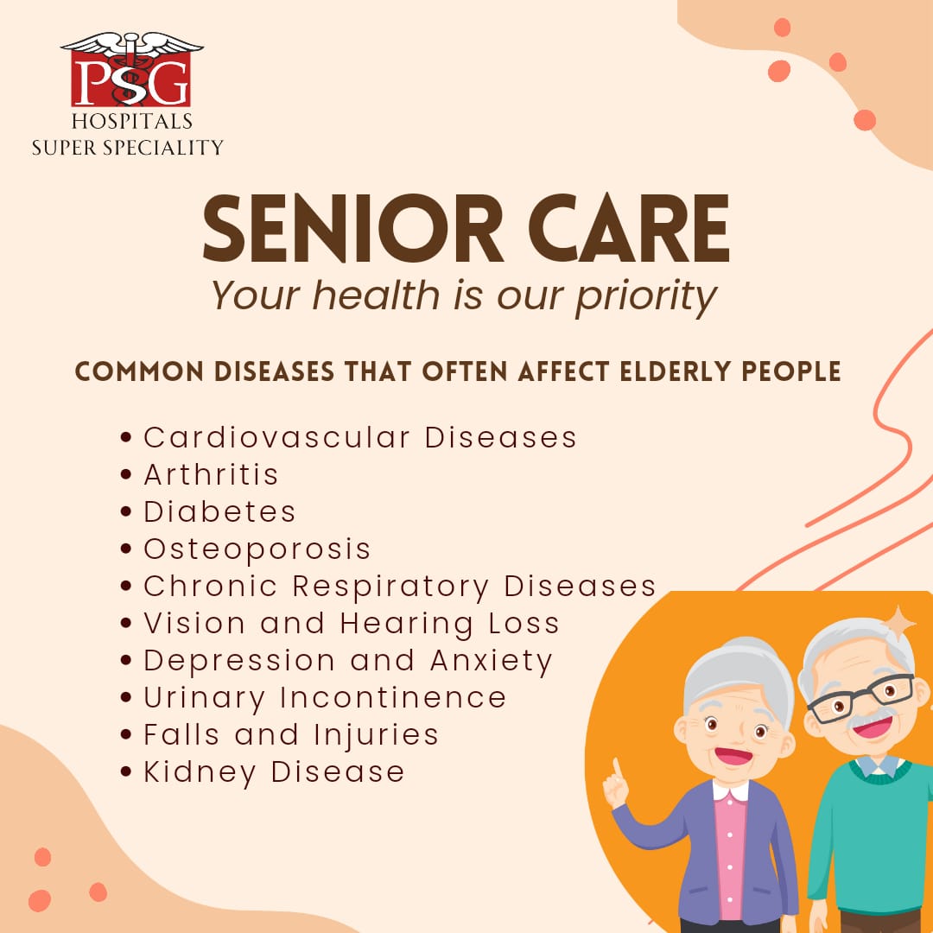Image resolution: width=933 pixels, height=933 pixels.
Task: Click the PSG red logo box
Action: point(131,79)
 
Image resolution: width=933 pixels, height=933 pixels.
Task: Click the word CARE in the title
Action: point(629,229)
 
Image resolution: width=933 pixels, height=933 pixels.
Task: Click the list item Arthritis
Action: point(212,475)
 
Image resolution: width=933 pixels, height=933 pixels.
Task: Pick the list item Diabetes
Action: point(219,511)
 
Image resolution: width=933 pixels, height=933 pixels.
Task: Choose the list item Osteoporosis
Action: point(257,549)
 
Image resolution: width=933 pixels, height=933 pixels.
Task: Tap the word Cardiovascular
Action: point(276,438)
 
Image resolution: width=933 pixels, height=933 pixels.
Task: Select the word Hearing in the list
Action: point(406,625)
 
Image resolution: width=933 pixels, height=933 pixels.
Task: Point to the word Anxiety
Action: point(492,662)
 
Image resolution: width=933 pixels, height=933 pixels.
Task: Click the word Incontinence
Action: point(393,697)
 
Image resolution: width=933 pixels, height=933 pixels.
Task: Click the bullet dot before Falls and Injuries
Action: point(125,735)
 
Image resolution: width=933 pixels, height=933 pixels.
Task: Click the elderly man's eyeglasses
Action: point(860,699)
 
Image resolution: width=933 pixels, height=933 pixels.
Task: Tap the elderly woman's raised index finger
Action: point(618,770)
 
